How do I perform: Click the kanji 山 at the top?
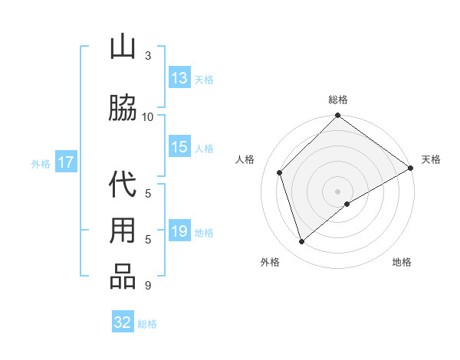point(122,48)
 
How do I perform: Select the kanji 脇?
point(122,109)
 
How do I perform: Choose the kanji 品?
point(122,277)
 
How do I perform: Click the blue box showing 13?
point(179,78)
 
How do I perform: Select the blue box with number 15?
point(179,148)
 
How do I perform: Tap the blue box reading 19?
point(179,232)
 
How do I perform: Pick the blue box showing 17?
point(65,162)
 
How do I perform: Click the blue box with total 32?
point(123,322)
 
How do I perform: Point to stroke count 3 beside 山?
point(148,55)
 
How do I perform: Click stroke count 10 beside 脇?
point(148,116)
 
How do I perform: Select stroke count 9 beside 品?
point(148,286)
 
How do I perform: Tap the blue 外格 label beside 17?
point(41,163)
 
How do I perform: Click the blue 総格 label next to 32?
point(147,323)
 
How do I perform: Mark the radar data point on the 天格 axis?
point(410,169)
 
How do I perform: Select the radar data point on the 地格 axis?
point(347,204)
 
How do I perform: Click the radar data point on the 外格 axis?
point(301,241)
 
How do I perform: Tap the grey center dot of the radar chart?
point(337,191)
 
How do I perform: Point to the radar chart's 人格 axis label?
point(245,159)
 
